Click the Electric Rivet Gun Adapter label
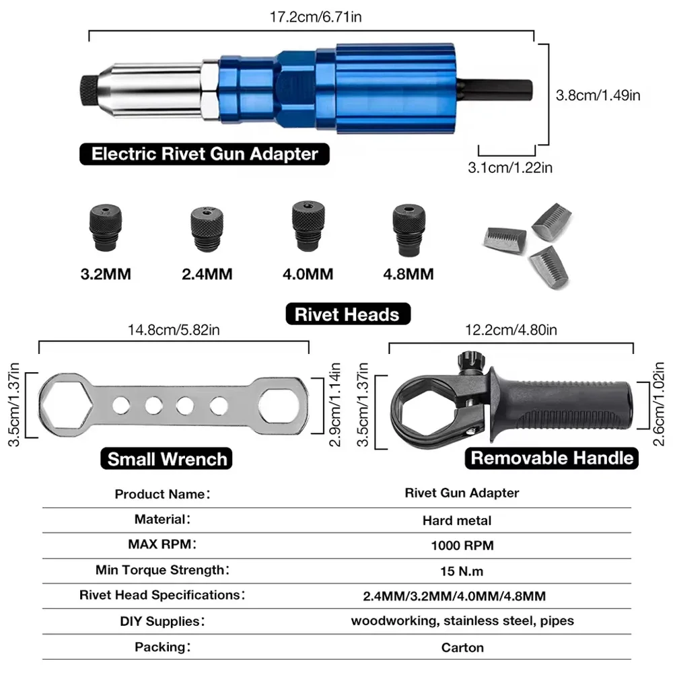(x=205, y=153)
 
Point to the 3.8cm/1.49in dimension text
(x=598, y=95)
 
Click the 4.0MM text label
(x=308, y=274)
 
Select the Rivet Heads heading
(x=347, y=314)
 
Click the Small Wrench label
(x=168, y=459)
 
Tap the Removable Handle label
(x=552, y=458)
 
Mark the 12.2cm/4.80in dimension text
(x=512, y=330)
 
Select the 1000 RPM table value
(x=462, y=545)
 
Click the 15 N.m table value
(x=462, y=571)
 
